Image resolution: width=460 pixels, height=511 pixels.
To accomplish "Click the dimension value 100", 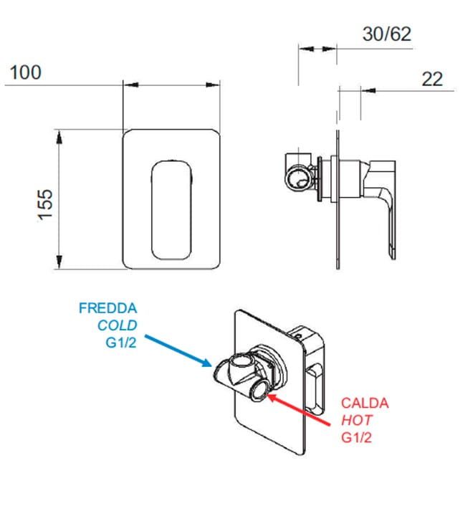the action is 26,72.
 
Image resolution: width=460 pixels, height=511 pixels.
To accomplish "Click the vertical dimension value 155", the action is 45,205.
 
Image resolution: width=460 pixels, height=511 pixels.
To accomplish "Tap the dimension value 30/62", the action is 387,34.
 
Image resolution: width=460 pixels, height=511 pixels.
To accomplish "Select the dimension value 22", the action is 432,79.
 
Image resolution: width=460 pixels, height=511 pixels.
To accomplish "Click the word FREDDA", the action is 107,308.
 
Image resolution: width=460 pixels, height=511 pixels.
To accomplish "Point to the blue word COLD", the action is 118,325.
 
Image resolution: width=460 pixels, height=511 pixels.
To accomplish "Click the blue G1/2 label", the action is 121,343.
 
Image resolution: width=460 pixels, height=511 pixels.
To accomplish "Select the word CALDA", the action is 365,403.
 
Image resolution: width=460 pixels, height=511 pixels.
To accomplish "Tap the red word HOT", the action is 356,421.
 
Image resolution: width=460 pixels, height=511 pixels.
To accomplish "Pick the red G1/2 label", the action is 356,438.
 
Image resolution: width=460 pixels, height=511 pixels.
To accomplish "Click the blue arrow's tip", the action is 212,366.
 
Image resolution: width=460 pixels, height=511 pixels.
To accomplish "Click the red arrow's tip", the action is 266,395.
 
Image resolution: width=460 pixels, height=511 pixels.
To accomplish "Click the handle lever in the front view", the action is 171,210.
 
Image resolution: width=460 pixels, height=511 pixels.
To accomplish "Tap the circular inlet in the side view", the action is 299,178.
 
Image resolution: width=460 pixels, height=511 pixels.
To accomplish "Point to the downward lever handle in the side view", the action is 388,209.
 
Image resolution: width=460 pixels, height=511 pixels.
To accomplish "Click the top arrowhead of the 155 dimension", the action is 59,136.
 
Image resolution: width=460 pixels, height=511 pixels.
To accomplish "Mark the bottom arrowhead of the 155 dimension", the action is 59,262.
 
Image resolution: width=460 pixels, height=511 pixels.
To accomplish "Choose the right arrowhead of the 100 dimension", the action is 213,85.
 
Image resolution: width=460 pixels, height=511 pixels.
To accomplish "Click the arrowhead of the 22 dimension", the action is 368,90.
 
